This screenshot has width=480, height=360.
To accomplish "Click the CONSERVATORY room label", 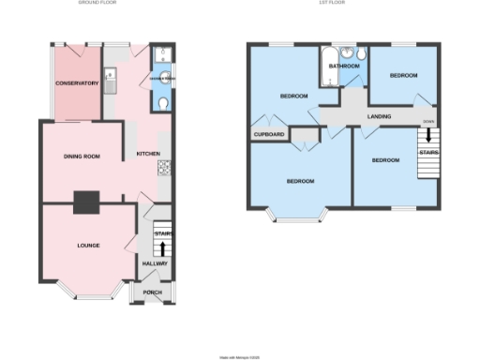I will coord(77,84).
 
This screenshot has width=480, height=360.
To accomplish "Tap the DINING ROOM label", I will coord(81,156).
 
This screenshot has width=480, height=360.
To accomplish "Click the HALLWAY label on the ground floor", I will coord(154,264).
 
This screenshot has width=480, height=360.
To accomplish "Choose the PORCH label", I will coord(152,292).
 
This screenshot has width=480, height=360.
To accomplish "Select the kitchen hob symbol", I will coord(164,168).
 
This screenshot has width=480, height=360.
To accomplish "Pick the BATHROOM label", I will coord(344,66).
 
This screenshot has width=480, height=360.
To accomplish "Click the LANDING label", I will coord(379,116).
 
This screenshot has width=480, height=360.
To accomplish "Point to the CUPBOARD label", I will coord(268,134).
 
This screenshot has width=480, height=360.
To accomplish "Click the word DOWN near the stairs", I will coord(428,122).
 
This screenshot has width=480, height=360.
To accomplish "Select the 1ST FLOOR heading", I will coord(334,4).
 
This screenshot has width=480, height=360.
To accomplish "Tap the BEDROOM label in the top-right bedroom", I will coord(404,74).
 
